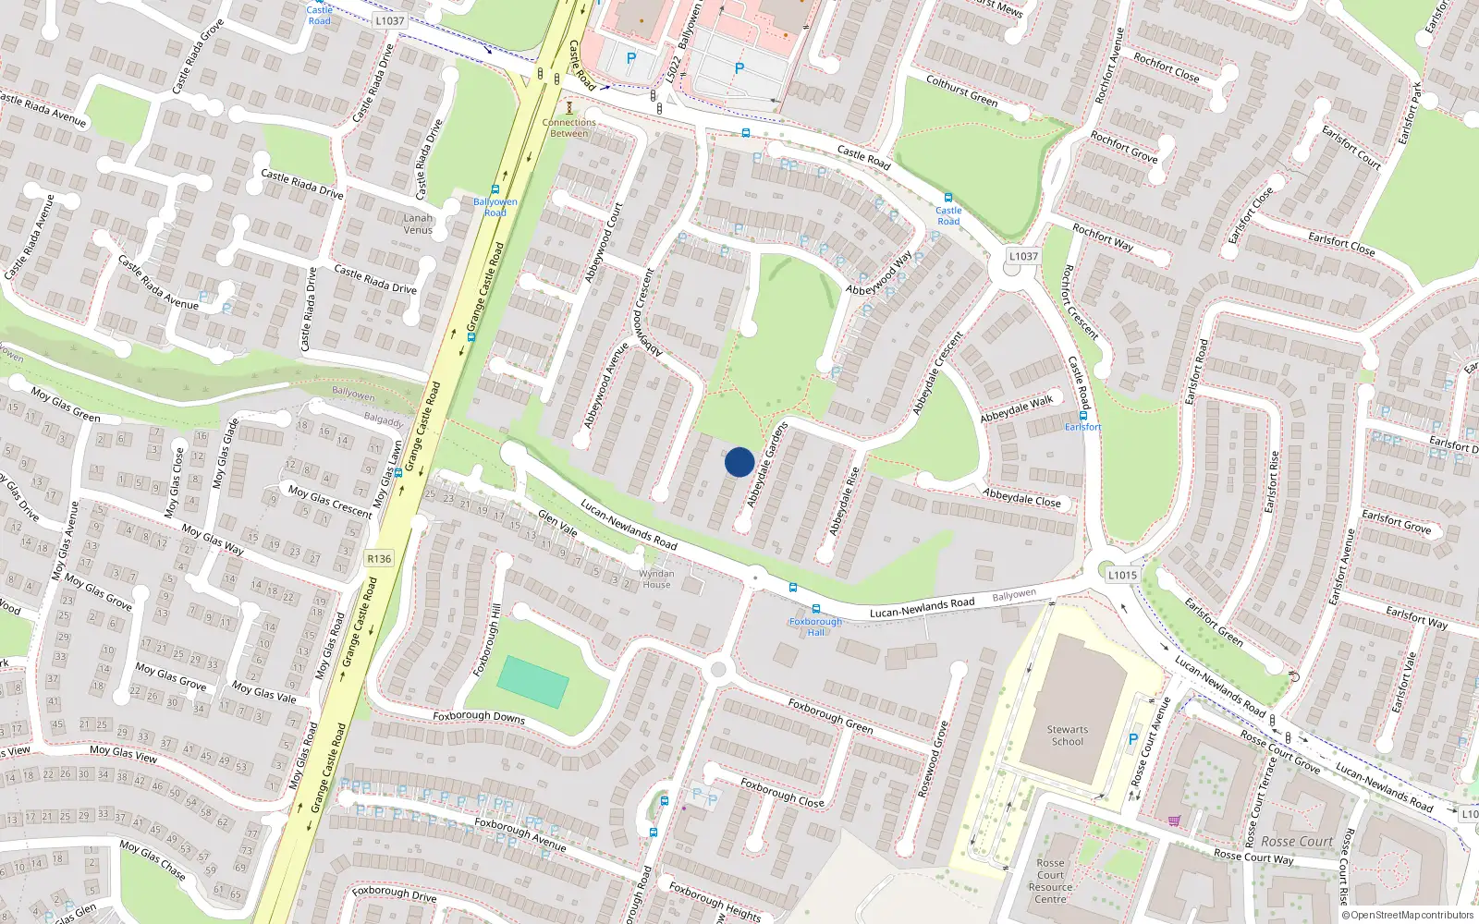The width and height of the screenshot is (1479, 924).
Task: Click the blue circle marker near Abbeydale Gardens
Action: tap(739, 462)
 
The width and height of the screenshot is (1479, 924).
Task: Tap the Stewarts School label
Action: tap(1068, 736)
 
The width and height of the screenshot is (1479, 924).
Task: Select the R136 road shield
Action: tap(379, 558)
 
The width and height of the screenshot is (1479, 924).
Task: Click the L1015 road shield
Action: tap(1122, 575)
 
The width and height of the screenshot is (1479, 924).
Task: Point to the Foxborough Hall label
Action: tap(815, 626)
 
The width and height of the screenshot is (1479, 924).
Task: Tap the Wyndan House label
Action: tap(656, 579)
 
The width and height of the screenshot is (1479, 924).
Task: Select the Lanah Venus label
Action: tap(418, 225)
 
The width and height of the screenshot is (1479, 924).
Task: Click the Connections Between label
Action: tap(569, 128)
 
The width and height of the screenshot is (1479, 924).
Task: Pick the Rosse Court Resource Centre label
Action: tap(1050, 881)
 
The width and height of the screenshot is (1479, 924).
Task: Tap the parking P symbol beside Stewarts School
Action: tap(1133, 739)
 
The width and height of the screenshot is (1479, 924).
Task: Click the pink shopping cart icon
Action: tap(1174, 821)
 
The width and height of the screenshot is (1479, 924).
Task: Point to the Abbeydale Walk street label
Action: tap(1017, 409)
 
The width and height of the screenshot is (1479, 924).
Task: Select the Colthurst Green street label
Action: tap(962, 91)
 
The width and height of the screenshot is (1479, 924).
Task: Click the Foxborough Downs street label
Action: tap(479, 717)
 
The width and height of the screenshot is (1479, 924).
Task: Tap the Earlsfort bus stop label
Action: tap(1082, 427)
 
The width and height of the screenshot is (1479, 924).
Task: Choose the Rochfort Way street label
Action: tap(1103, 237)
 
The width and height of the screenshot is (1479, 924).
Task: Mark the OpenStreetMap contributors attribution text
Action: tap(1408, 916)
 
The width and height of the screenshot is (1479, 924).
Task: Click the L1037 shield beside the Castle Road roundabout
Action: tap(1023, 256)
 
